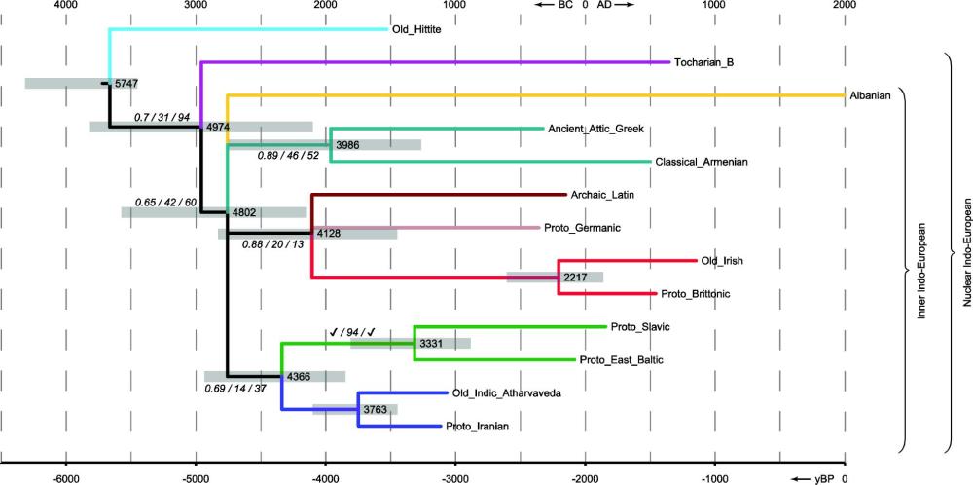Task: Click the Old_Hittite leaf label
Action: coord(416,29)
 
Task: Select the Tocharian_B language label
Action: coord(703,63)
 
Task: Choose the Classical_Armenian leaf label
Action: coord(702,162)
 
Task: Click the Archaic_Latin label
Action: coord(603,195)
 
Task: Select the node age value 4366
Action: coord(299,377)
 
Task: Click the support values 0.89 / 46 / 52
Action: coord(291,155)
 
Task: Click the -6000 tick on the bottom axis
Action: coord(65,478)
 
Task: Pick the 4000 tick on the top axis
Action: coord(65,6)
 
